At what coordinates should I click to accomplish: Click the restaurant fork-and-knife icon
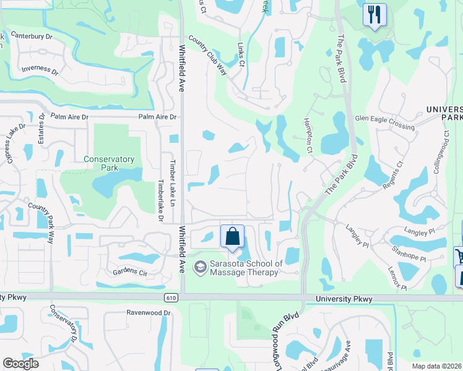tap(374, 14)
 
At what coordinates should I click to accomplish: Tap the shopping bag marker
tap(232, 236)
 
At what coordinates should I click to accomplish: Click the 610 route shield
tap(171, 297)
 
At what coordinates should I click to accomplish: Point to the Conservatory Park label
tap(110, 163)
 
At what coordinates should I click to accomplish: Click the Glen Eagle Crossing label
tap(384, 122)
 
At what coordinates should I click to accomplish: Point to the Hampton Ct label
tap(308, 136)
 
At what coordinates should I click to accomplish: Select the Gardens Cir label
tap(129, 272)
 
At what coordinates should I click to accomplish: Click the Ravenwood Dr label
tap(148, 313)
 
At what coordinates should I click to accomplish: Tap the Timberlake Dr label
tap(160, 201)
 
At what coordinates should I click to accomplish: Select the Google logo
tap(21, 364)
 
